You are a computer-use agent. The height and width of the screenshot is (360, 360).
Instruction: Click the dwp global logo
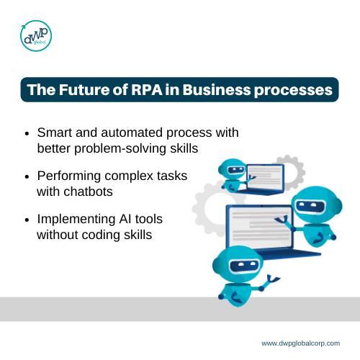point(35,35)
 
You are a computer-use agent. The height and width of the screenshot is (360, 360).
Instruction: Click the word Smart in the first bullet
point(55,133)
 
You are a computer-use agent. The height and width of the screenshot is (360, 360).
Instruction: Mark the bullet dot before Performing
point(27,177)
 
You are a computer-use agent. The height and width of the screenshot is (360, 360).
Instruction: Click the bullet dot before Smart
point(27,134)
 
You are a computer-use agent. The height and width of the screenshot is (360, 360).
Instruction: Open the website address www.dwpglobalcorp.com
point(300,343)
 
